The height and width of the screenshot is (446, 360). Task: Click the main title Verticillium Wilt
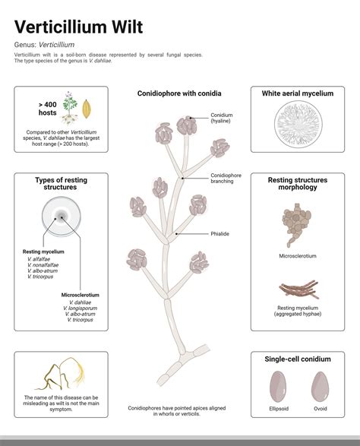point(78,28)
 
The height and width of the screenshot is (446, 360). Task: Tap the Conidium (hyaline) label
point(222,119)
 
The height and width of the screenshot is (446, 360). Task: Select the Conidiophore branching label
point(226,179)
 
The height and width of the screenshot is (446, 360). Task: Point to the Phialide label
point(220,233)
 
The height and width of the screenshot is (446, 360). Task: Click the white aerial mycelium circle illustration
point(298,123)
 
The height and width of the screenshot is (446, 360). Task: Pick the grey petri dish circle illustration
point(61,219)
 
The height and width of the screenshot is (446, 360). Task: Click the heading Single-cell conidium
point(297,358)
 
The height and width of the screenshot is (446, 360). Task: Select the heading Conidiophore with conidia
point(179,93)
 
